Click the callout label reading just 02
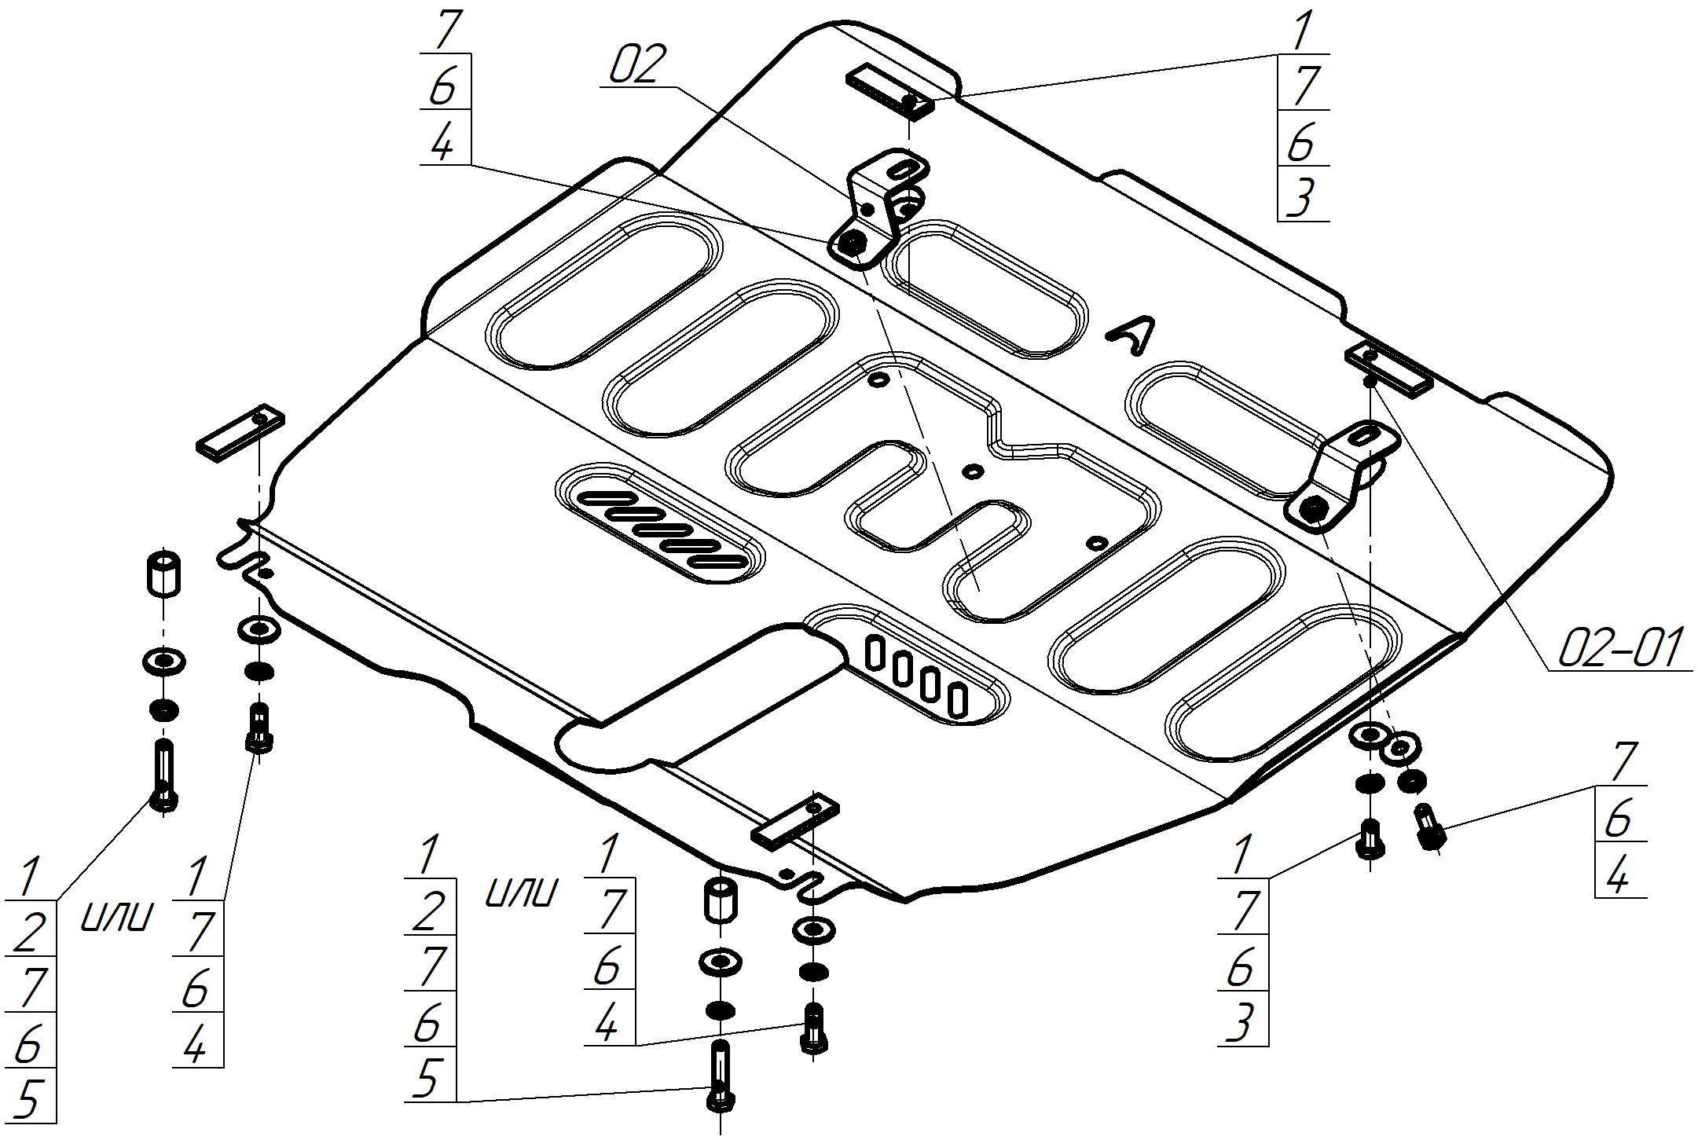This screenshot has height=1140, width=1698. (638, 65)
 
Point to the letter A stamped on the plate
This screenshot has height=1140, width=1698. (1132, 338)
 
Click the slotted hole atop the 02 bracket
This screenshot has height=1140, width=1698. (904, 170)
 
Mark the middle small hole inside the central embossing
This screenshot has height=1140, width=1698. (973, 471)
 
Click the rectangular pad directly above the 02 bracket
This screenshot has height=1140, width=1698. (889, 91)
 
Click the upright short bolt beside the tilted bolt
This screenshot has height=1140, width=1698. (1370, 839)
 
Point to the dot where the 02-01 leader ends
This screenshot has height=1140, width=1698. (1369, 381)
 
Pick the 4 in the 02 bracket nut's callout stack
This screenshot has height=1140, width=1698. (444, 144)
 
